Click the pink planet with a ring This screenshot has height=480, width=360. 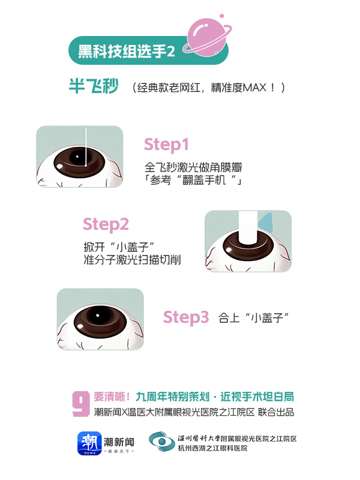tap(208, 37)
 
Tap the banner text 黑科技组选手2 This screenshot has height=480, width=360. tap(127, 51)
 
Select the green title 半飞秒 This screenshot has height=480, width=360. tap(94, 86)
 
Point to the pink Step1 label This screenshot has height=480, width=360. tap(166, 145)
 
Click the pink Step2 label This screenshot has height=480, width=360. tap(106, 224)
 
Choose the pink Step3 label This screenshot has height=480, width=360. tap(186, 317)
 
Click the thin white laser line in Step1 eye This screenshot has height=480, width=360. tap(86, 146)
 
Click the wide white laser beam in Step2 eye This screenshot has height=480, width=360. tap(247, 227)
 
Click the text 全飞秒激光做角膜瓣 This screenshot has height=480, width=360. tap(193, 167)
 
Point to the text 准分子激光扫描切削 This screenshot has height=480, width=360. tap(132, 260)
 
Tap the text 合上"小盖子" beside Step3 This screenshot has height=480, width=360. tap(253, 318)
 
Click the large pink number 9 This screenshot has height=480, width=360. tap(81, 403)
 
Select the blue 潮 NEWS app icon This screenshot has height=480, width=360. tap(89, 443)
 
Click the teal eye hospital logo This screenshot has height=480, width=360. tap(162, 442)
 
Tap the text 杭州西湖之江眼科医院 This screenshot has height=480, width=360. tap(213, 448)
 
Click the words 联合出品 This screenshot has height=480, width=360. tap(276, 412)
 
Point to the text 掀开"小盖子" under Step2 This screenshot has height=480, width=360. tap(119, 247)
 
